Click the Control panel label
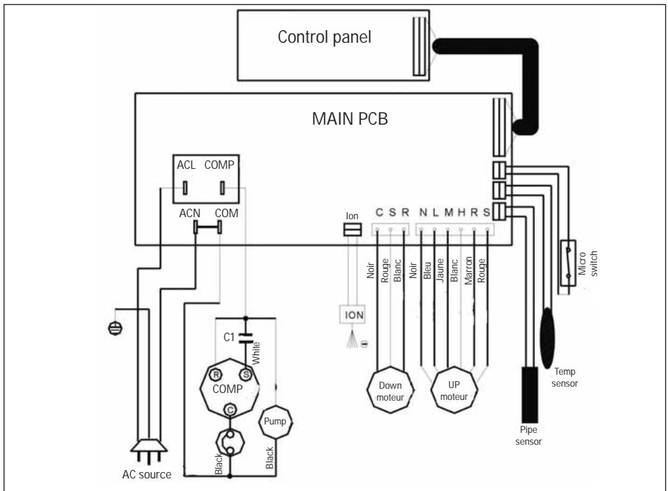(325, 37)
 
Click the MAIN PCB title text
(350, 119)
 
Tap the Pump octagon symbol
(275, 422)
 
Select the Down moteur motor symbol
(390, 390)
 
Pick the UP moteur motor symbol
(454, 389)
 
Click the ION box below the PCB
(353, 315)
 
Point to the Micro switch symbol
(568, 263)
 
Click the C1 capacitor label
(229, 338)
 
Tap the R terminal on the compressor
(217, 375)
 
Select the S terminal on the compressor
(246, 375)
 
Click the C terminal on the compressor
(230, 410)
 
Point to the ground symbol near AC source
(115, 328)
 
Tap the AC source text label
(146, 474)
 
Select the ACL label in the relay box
(186, 165)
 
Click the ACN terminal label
(189, 213)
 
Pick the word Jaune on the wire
(440, 270)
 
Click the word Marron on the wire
(468, 270)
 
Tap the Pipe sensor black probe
(529, 394)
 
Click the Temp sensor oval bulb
(547, 338)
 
